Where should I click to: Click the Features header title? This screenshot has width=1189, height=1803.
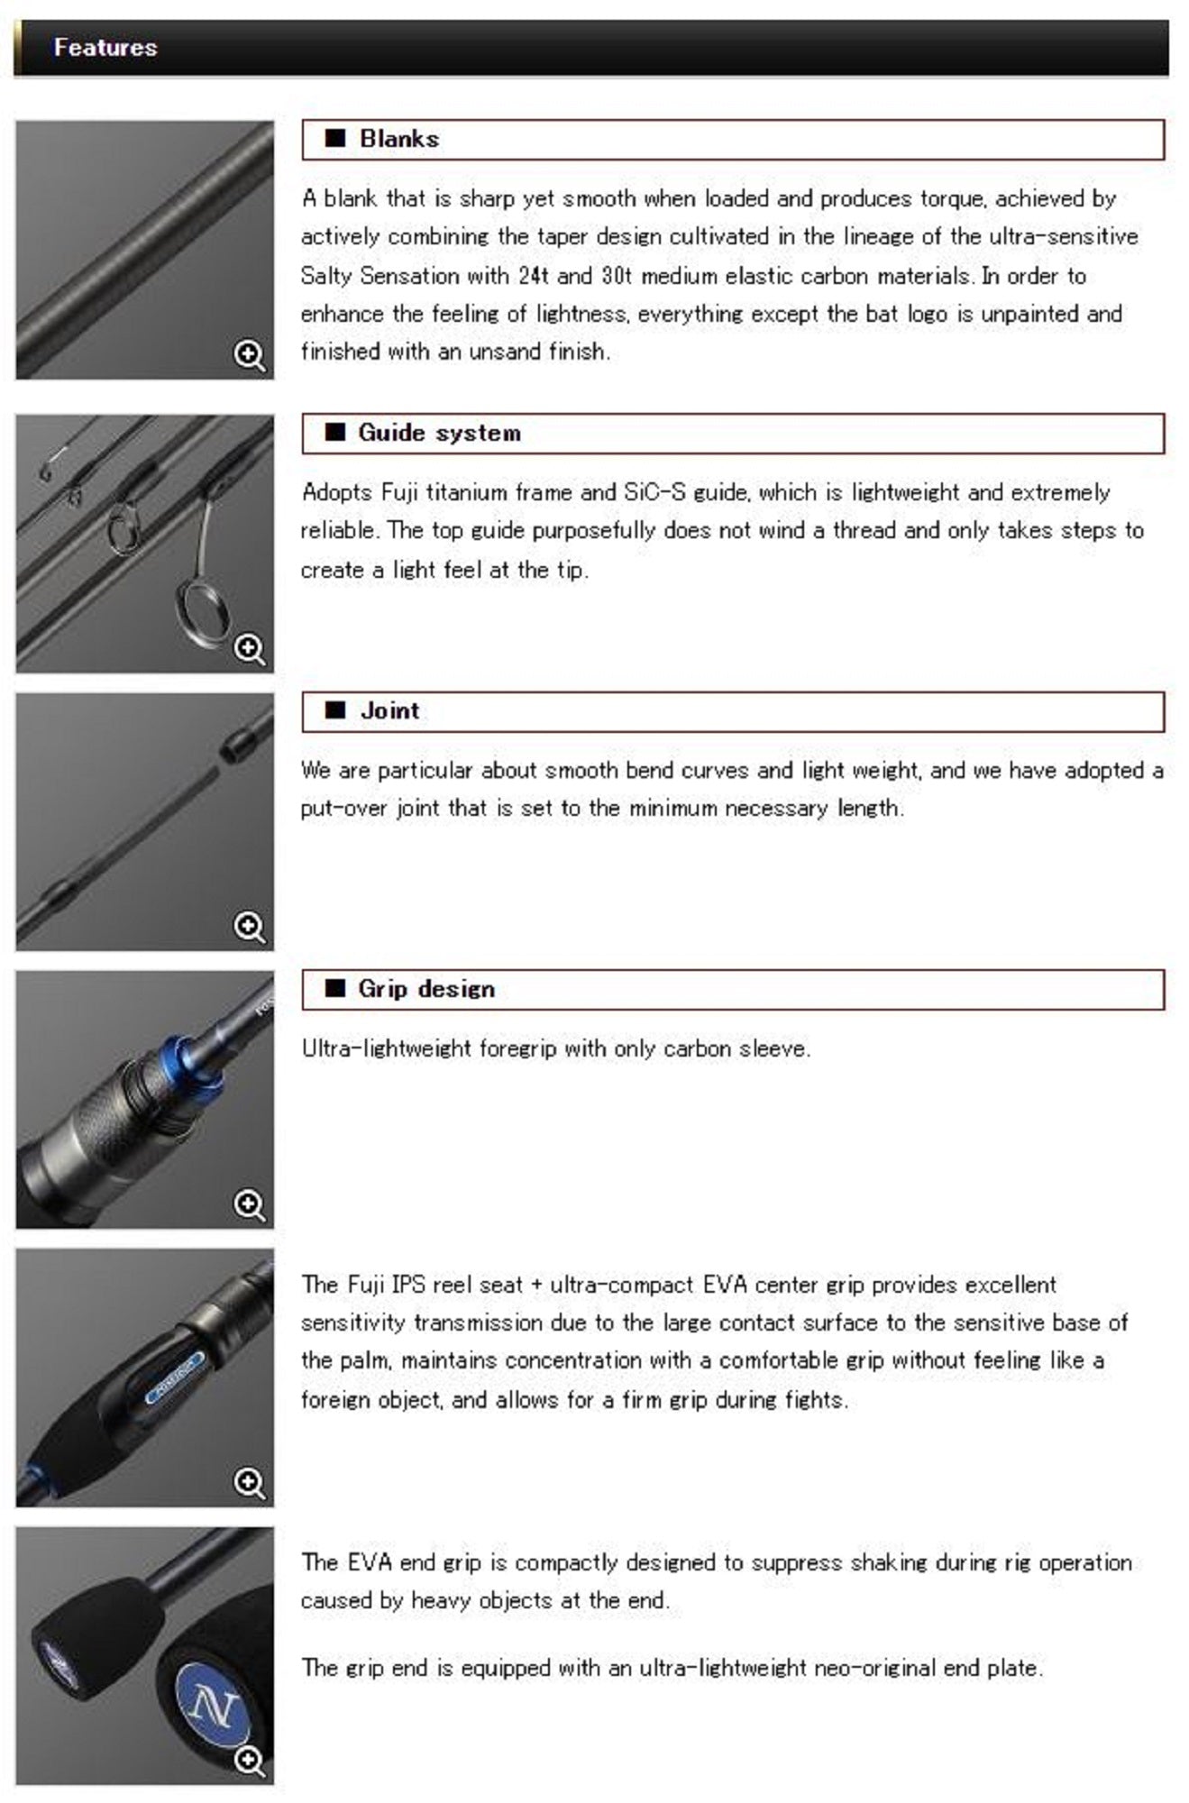tap(105, 47)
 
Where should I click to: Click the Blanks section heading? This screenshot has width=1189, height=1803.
tap(398, 139)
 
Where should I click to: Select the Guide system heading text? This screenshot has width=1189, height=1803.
tap(439, 433)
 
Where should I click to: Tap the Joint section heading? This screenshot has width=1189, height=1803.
tap(389, 710)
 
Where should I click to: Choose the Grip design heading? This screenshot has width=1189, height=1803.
tap(426, 989)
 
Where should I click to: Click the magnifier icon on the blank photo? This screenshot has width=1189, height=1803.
tap(249, 354)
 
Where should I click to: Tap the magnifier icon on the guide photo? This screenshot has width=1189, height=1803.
tap(249, 648)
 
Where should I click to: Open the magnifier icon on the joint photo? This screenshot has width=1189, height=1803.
tap(249, 926)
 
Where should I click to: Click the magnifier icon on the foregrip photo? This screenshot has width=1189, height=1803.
tap(249, 1204)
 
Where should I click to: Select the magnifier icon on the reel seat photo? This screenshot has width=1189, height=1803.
tap(249, 1482)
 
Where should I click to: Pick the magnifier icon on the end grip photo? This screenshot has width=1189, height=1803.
tap(249, 1760)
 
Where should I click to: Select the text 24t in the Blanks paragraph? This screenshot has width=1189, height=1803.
tap(534, 275)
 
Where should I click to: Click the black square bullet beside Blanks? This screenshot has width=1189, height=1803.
tap(335, 138)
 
